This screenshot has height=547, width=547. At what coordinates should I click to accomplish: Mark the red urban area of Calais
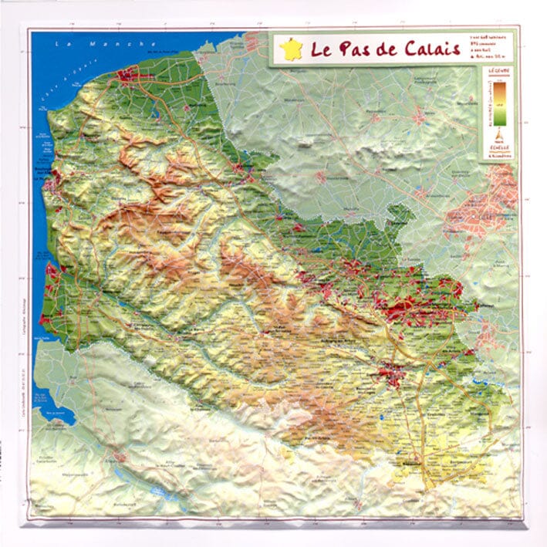pos(129,75)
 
